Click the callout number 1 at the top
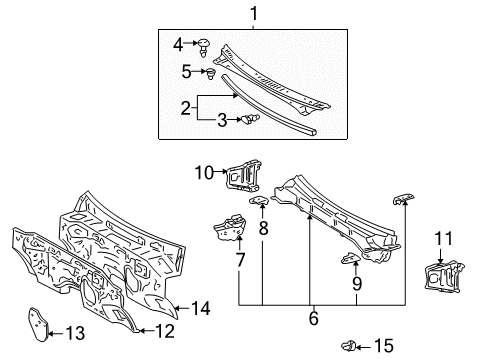[x=253, y=14]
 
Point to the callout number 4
[x=179, y=43]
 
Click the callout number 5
[x=186, y=71]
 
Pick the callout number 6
[x=313, y=317]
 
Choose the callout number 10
[x=240, y=261]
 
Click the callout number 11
[x=264, y=228]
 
